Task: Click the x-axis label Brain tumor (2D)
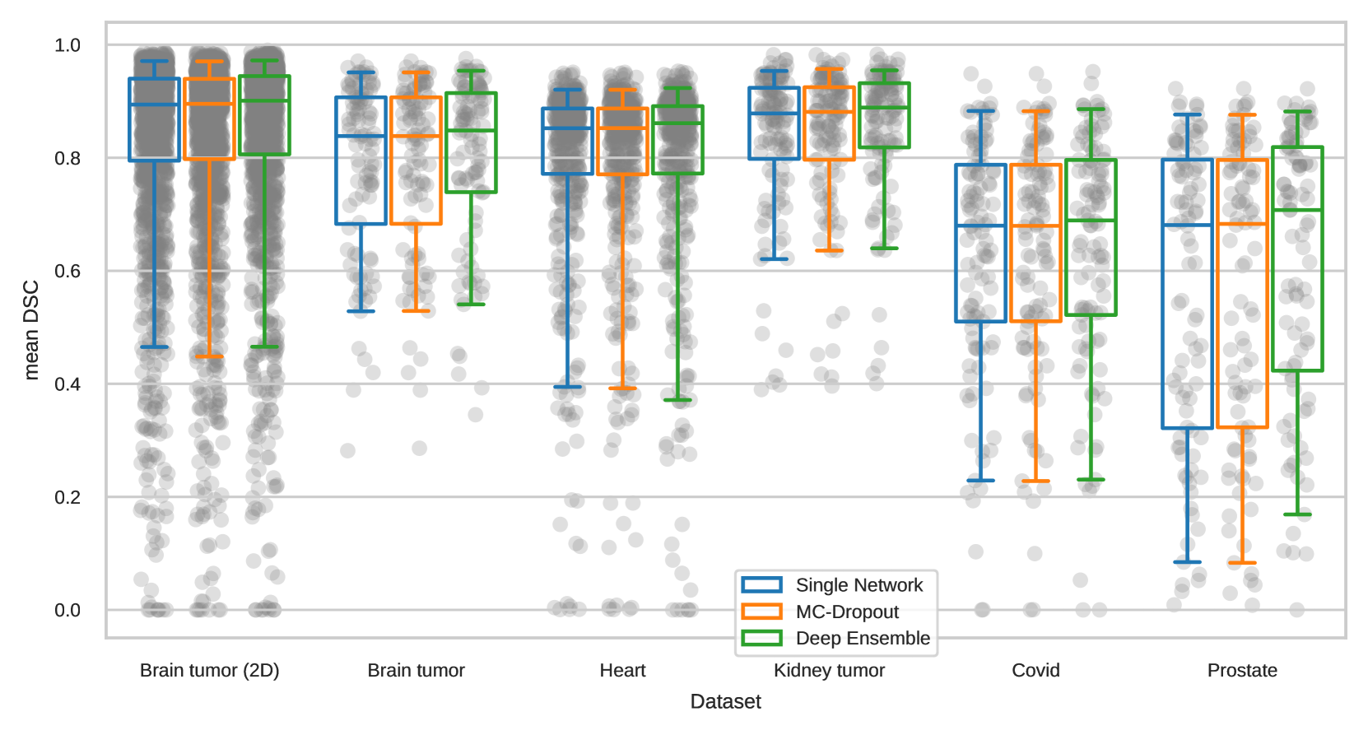coord(209,670)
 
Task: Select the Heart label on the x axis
coord(622,670)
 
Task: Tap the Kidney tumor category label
coord(829,670)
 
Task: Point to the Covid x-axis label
coord(1035,670)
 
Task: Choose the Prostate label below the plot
coord(1242,670)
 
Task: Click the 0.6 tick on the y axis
coord(67,271)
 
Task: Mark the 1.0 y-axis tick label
coord(67,45)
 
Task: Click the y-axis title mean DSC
coord(31,330)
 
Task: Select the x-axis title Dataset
coord(725,701)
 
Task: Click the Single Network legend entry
coord(858,585)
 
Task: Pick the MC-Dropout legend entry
coord(847,612)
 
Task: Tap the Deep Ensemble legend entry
coord(862,638)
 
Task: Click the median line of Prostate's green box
coord(1297,211)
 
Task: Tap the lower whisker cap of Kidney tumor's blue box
coord(774,259)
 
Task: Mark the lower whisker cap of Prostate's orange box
coord(1242,563)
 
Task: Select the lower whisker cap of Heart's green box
coord(677,400)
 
